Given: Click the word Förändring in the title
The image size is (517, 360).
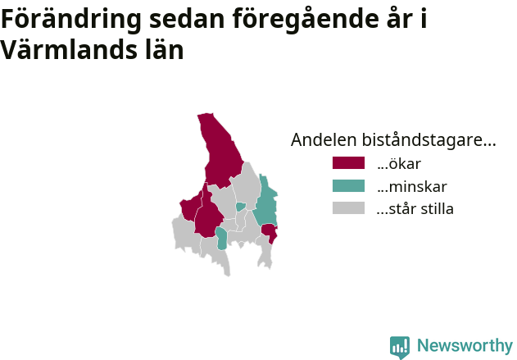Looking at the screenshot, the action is (71, 20).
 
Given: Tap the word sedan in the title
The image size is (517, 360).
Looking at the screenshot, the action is (187, 19).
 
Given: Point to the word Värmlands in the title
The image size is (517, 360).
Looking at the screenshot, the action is (69, 50).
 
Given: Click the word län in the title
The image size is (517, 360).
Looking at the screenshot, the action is (165, 49).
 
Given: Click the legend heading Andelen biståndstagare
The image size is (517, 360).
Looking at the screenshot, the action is (393, 140).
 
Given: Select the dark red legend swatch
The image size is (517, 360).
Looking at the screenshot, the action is (348, 163).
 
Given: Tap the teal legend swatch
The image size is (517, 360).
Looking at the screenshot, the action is (348, 186).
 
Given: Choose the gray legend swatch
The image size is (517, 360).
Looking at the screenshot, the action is (348, 208).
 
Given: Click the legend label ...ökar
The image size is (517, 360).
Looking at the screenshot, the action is (399, 164).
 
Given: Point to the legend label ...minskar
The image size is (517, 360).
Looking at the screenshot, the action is (412, 187).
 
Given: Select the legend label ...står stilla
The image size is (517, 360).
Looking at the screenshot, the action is (415, 209).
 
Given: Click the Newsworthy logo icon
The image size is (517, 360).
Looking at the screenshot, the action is (400, 347).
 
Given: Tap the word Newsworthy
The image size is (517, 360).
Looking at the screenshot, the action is (465, 345).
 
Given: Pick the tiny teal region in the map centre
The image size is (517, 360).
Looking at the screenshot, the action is (241, 207).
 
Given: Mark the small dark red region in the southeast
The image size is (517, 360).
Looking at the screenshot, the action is (270, 232).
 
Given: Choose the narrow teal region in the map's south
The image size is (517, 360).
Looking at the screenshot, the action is (221, 239).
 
